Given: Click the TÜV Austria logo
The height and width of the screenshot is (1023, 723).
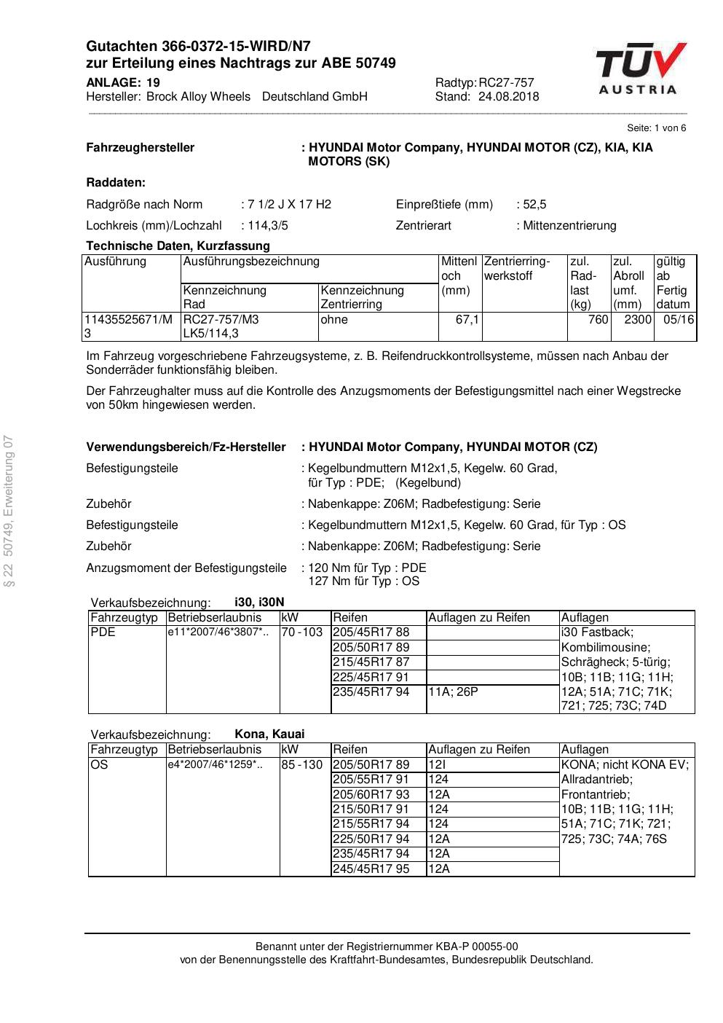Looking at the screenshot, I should [x=641, y=68].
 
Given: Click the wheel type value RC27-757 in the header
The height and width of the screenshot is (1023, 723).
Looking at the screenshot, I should [x=507, y=82].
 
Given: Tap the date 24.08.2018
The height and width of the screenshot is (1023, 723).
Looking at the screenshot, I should [x=508, y=96].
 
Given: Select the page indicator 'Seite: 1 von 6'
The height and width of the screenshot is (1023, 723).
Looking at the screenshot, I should [x=656, y=128].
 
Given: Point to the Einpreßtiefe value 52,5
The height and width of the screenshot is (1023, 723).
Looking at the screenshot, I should [x=534, y=204].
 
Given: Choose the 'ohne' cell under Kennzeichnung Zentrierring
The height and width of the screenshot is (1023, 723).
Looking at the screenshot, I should [x=334, y=319].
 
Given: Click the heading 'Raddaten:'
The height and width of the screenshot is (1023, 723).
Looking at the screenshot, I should [x=116, y=182].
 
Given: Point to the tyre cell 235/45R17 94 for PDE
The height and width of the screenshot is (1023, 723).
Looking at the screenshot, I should [x=371, y=691].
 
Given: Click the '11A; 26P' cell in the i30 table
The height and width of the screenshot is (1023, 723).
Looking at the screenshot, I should [x=453, y=691].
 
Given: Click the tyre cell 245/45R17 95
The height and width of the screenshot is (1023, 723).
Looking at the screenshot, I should [x=371, y=869].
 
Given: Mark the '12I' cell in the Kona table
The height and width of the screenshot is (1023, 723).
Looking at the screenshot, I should [x=437, y=764].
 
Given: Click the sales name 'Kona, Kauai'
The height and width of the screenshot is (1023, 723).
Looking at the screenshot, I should [x=269, y=734].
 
